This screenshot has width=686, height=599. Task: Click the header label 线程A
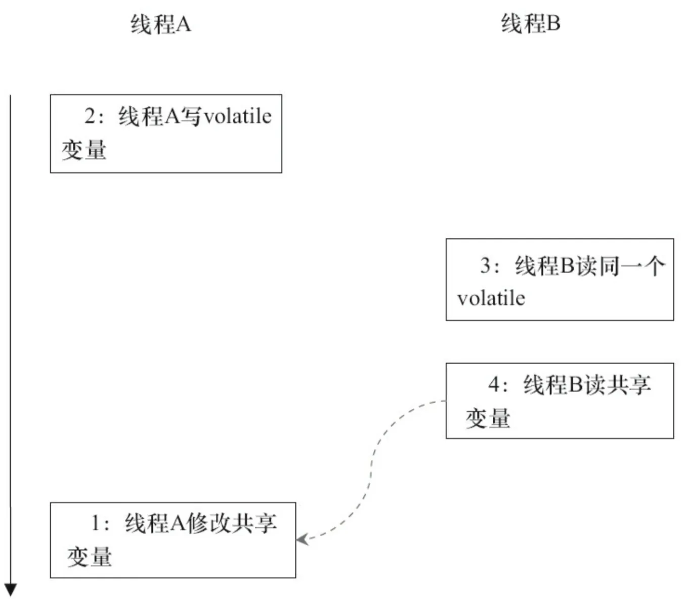[x=160, y=24]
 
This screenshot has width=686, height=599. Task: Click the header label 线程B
[x=531, y=23]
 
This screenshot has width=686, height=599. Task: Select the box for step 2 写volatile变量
[x=166, y=134]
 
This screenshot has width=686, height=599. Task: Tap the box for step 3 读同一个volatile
[x=560, y=279]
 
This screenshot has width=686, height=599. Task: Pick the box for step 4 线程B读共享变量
[x=560, y=400]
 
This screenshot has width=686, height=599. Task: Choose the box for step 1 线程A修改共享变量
[x=173, y=540]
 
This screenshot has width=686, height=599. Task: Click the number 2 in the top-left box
[x=91, y=116]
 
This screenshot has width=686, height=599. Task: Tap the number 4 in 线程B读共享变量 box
[x=494, y=385]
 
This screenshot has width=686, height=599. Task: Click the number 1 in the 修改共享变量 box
[x=96, y=523]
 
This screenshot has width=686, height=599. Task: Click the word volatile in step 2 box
[x=237, y=116]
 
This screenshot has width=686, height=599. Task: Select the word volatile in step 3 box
[x=491, y=298]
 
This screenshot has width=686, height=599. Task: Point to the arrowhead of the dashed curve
[x=302, y=539]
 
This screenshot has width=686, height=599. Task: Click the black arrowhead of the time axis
[x=11, y=590]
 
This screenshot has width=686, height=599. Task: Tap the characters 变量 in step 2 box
[x=84, y=150]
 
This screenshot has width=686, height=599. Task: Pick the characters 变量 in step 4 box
[x=488, y=418]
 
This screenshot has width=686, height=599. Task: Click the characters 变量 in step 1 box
[x=90, y=557]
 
